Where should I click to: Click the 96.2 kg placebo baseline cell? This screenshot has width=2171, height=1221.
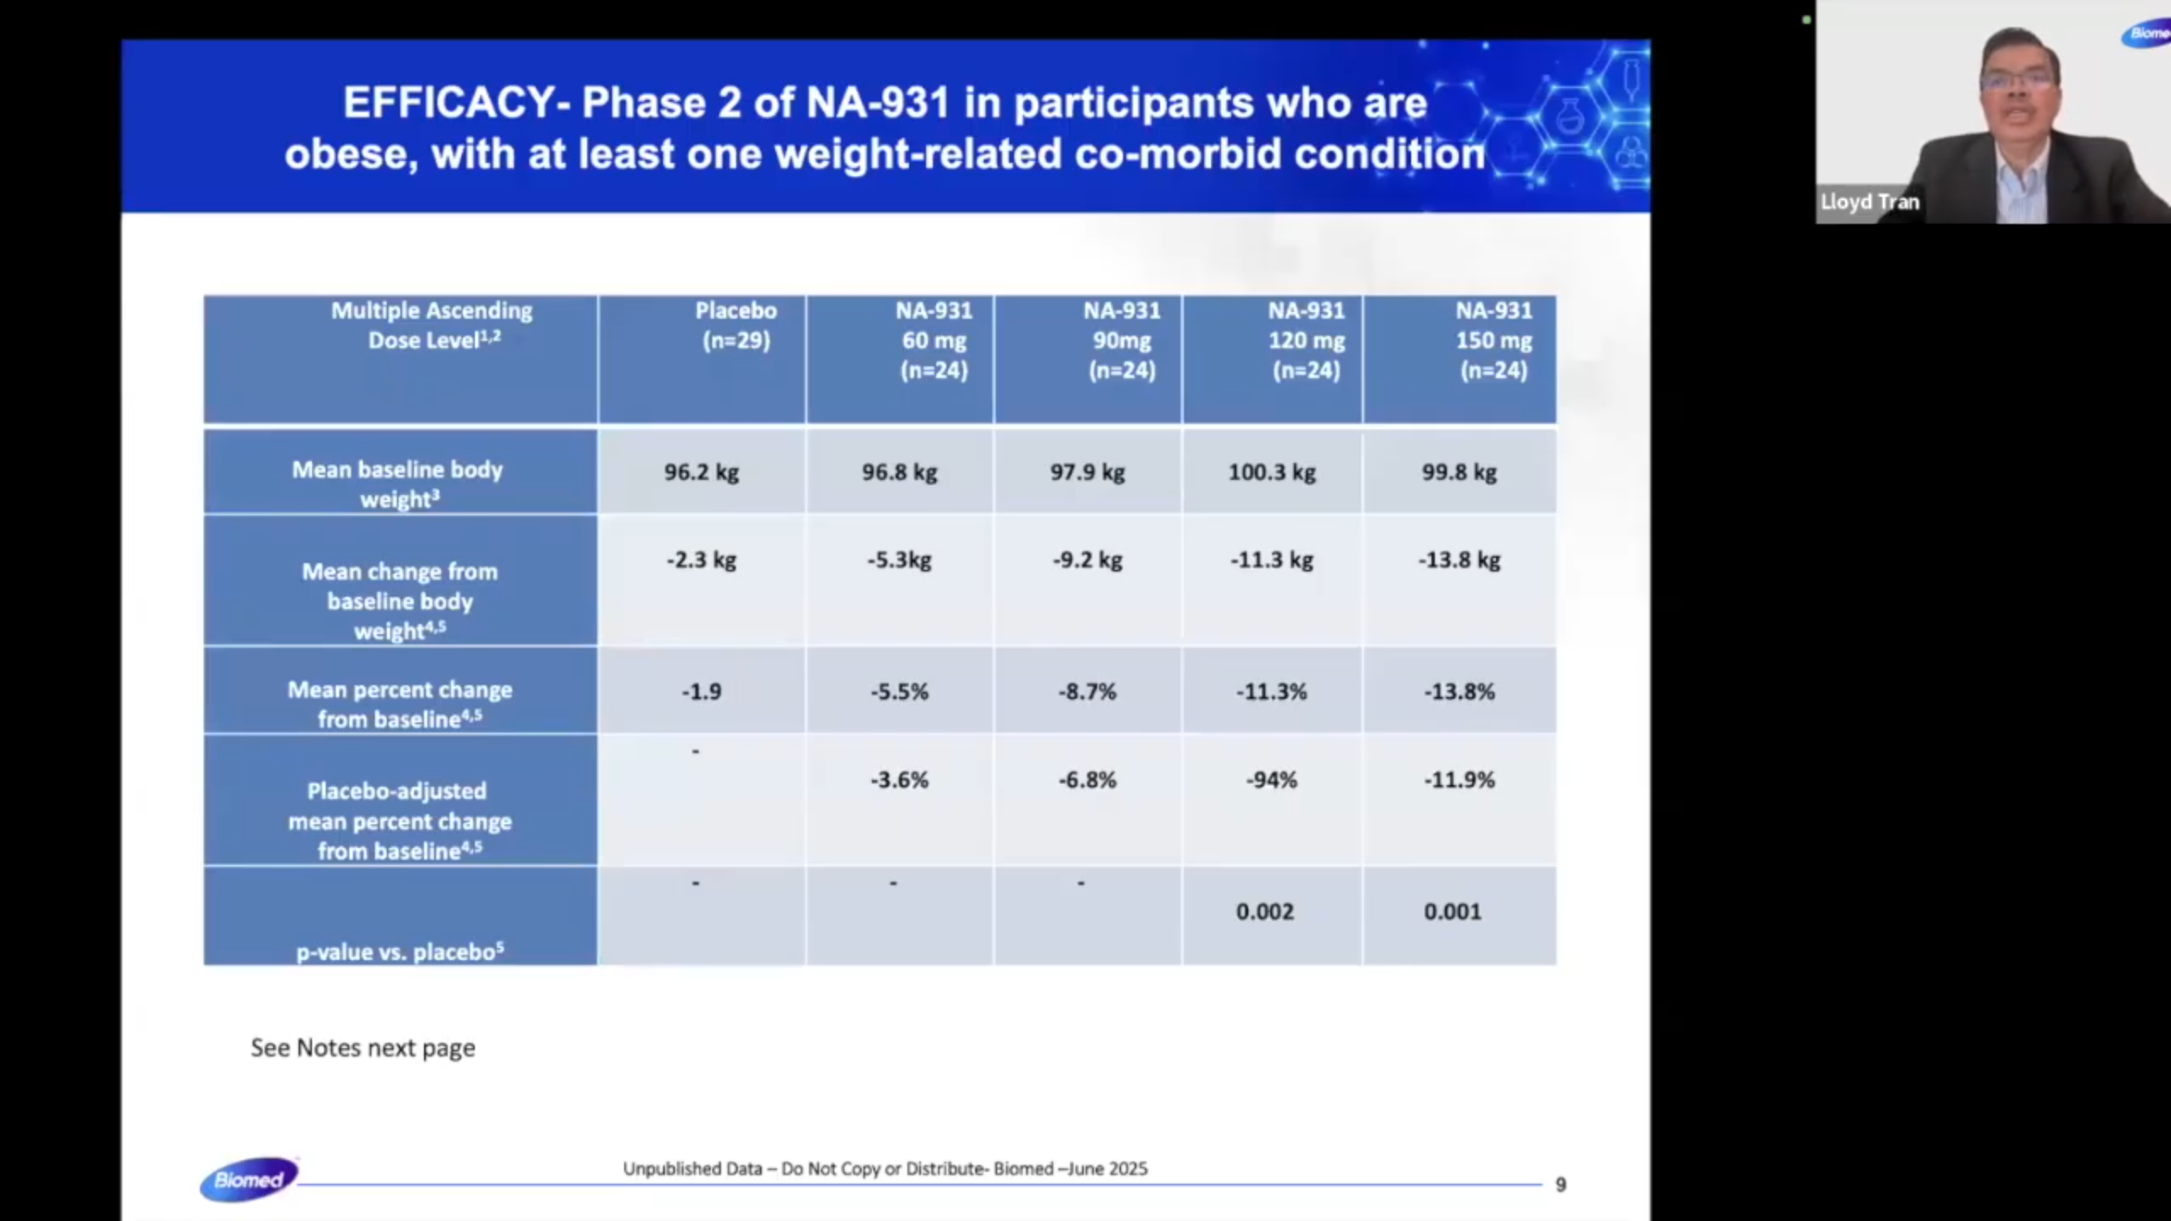701,472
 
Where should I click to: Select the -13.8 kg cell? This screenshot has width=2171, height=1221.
1459,560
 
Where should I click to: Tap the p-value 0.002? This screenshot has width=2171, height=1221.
1264,912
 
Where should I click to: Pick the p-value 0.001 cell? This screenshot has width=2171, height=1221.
1452,912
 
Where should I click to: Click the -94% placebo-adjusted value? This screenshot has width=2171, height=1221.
1271,780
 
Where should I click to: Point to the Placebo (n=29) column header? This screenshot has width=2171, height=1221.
735,326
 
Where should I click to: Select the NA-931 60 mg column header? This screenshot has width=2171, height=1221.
933,340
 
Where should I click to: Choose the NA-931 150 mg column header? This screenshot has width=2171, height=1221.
1493,340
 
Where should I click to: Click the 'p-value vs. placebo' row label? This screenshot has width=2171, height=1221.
399,952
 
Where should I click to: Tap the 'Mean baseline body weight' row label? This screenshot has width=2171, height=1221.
398,484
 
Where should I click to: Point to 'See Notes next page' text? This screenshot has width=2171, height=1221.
363,1048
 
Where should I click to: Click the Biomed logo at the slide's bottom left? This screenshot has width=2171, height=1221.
248,1179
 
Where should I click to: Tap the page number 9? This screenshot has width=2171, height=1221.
1560,1185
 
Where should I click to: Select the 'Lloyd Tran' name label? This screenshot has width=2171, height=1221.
1869,203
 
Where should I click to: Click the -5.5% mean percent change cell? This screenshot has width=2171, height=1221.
899,692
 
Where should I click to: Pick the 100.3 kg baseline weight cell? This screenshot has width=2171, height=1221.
1271,472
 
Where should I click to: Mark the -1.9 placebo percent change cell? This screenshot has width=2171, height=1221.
701,692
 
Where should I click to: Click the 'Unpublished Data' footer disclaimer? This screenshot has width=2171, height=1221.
885,1168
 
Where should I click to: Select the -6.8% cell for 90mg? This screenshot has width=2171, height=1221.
1087,780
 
